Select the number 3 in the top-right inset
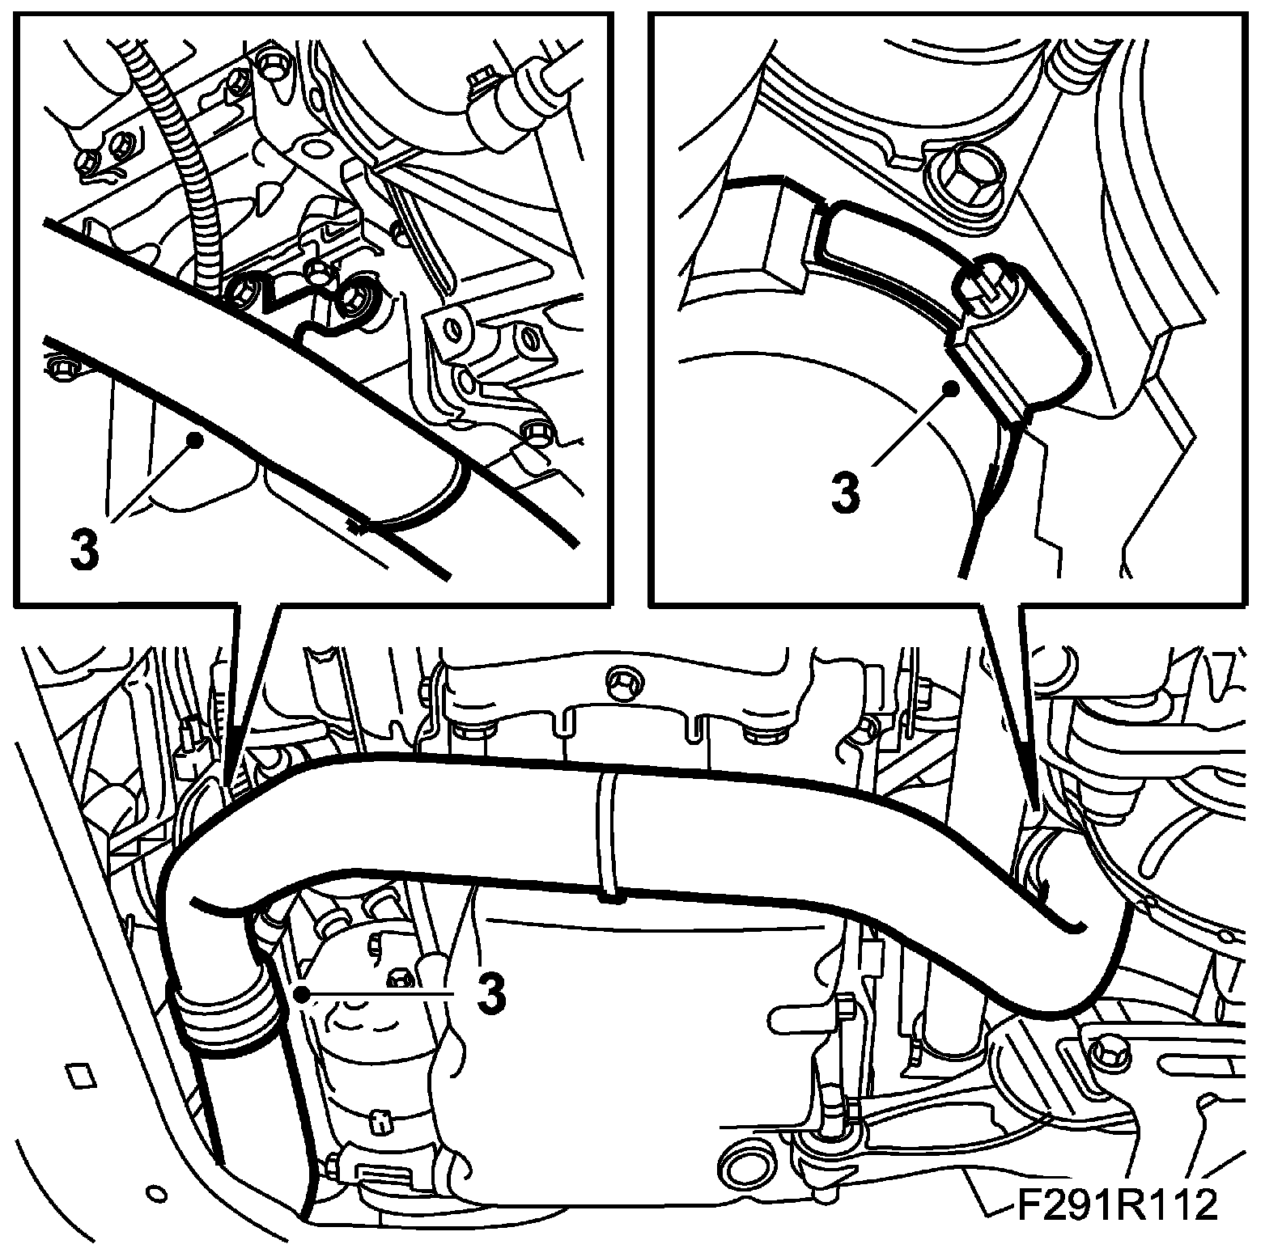pos(845,492)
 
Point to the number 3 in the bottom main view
pos(491,992)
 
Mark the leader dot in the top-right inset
pos(954,387)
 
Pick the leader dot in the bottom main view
pos(301,992)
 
